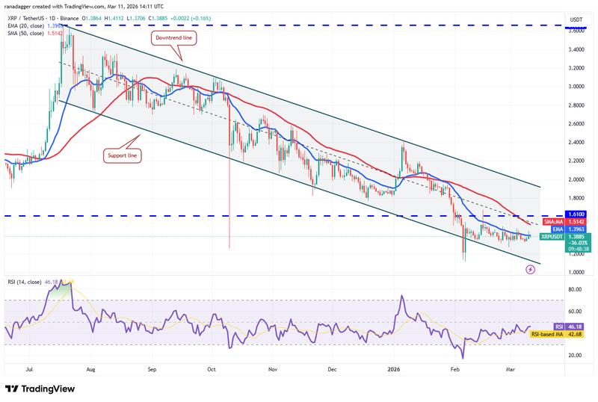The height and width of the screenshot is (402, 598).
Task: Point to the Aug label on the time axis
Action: (90, 369)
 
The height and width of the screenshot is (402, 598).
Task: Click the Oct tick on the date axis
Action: (212, 369)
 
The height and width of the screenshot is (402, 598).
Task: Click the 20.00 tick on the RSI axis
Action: (577, 356)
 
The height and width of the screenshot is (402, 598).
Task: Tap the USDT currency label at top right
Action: (576, 19)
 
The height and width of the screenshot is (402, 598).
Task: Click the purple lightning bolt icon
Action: (530, 269)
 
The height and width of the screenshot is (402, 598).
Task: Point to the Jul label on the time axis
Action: (31, 369)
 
